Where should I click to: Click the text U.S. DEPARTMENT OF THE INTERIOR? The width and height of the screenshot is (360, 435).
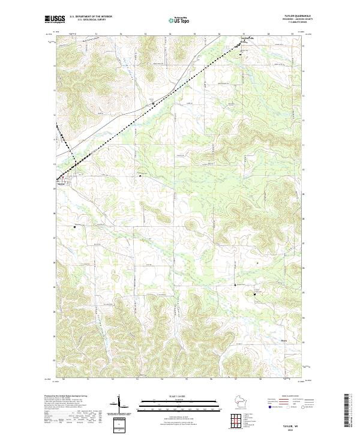pyautogui.click(x=91, y=16)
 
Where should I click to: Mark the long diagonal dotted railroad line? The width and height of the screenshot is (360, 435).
pyautogui.click(x=150, y=106)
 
